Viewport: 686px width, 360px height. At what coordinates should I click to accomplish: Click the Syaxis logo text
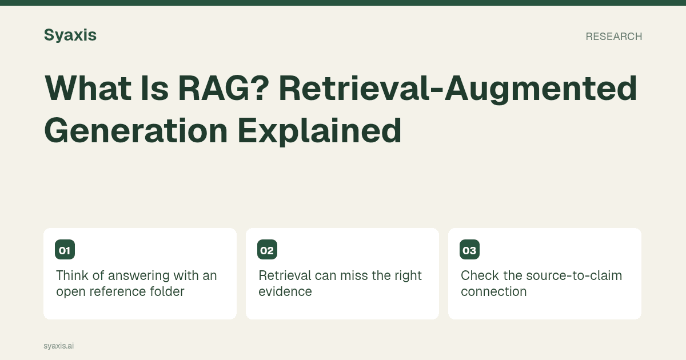[70, 35]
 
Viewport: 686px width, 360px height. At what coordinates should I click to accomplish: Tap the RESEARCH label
[614, 37]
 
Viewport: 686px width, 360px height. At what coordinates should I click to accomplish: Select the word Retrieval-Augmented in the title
[458, 89]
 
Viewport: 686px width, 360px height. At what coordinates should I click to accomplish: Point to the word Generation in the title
[136, 131]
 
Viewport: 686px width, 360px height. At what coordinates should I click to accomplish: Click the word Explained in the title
[320, 131]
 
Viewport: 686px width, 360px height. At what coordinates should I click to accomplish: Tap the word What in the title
[88, 89]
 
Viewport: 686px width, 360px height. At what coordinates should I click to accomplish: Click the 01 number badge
[65, 250]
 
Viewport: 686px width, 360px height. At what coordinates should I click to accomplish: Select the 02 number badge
[267, 250]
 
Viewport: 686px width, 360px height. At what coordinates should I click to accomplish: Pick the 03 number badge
[469, 250]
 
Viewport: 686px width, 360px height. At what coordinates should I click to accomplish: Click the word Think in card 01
[72, 275]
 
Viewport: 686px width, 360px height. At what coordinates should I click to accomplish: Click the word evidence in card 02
[285, 291]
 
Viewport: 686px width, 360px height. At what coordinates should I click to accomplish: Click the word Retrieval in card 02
[285, 275]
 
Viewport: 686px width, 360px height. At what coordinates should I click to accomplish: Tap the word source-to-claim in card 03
[574, 275]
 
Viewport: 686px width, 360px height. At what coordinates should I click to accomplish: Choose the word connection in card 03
[494, 291]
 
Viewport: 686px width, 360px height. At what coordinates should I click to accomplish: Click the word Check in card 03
[480, 275]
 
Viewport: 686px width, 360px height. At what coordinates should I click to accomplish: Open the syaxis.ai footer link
[58, 346]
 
